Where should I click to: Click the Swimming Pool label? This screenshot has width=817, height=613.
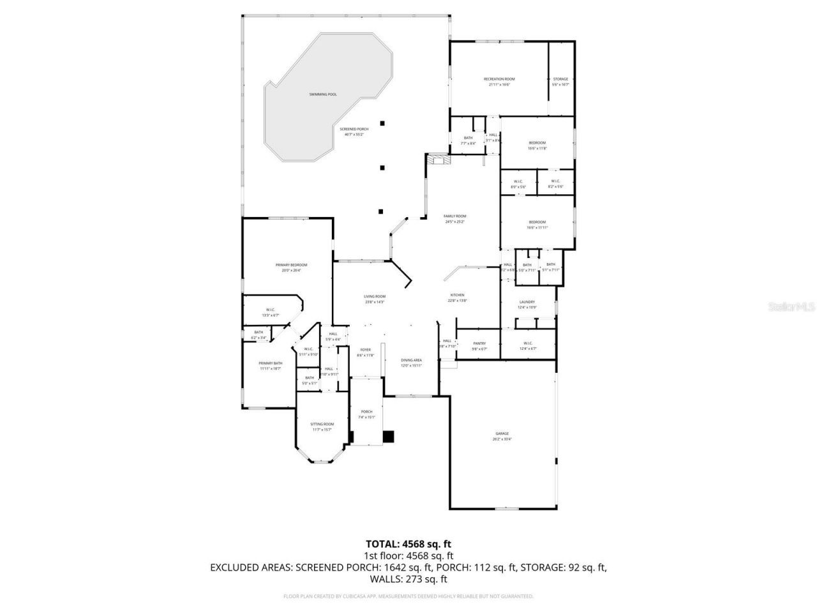click(x=323, y=95)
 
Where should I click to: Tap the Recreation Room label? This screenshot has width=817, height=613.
click(x=498, y=79)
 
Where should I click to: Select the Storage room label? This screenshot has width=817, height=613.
click(x=560, y=79)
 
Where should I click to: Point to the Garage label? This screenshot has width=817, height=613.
click(x=502, y=434)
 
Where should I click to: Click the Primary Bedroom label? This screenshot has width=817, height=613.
click(x=291, y=265)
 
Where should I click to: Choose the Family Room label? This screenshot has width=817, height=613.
click(x=455, y=216)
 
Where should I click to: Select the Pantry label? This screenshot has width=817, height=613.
click(x=479, y=344)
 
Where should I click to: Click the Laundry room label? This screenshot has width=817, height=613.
click(x=527, y=302)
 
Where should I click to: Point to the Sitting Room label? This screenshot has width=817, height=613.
click(x=322, y=424)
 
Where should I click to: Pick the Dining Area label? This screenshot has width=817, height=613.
click(x=411, y=360)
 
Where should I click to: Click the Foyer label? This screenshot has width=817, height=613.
click(x=365, y=350)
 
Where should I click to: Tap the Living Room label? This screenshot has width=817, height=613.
click(x=375, y=296)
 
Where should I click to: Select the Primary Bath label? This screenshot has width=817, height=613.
click(x=270, y=363)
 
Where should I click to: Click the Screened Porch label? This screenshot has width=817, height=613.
click(x=354, y=129)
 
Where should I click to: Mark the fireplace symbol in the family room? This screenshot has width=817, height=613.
click(x=438, y=159)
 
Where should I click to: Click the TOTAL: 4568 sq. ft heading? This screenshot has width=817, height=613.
click(x=408, y=544)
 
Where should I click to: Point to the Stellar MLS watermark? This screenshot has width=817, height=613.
click(x=791, y=307)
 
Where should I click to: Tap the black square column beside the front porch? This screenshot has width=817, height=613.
click(x=388, y=437)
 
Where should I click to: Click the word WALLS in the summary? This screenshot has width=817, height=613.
click(x=385, y=579)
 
